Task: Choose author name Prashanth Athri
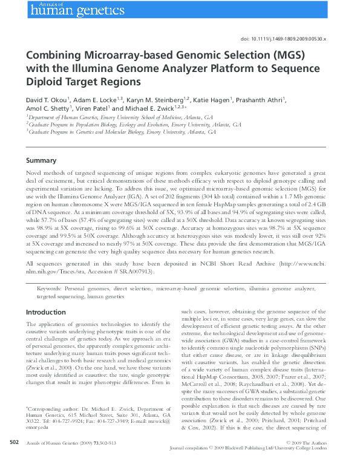263,99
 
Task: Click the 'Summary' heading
41,161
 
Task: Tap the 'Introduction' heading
45,312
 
